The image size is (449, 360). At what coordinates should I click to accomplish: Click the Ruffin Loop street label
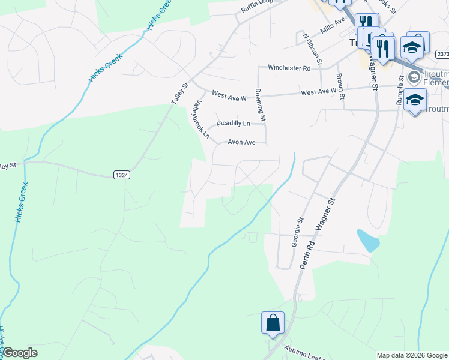tap(257, 7)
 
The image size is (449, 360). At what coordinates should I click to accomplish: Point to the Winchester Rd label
tap(289, 68)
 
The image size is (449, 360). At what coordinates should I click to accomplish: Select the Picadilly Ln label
tap(233, 123)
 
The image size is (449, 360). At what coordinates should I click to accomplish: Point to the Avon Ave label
tap(241, 142)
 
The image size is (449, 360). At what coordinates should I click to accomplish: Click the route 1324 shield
tap(121, 175)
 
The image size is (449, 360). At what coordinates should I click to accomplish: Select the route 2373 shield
tap(443, 54)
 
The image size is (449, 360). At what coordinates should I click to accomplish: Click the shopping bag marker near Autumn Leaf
tap(273, 323)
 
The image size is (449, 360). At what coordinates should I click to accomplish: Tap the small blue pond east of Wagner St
tap(368, 240)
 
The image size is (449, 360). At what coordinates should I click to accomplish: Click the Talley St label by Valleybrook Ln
tap(179, 94)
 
